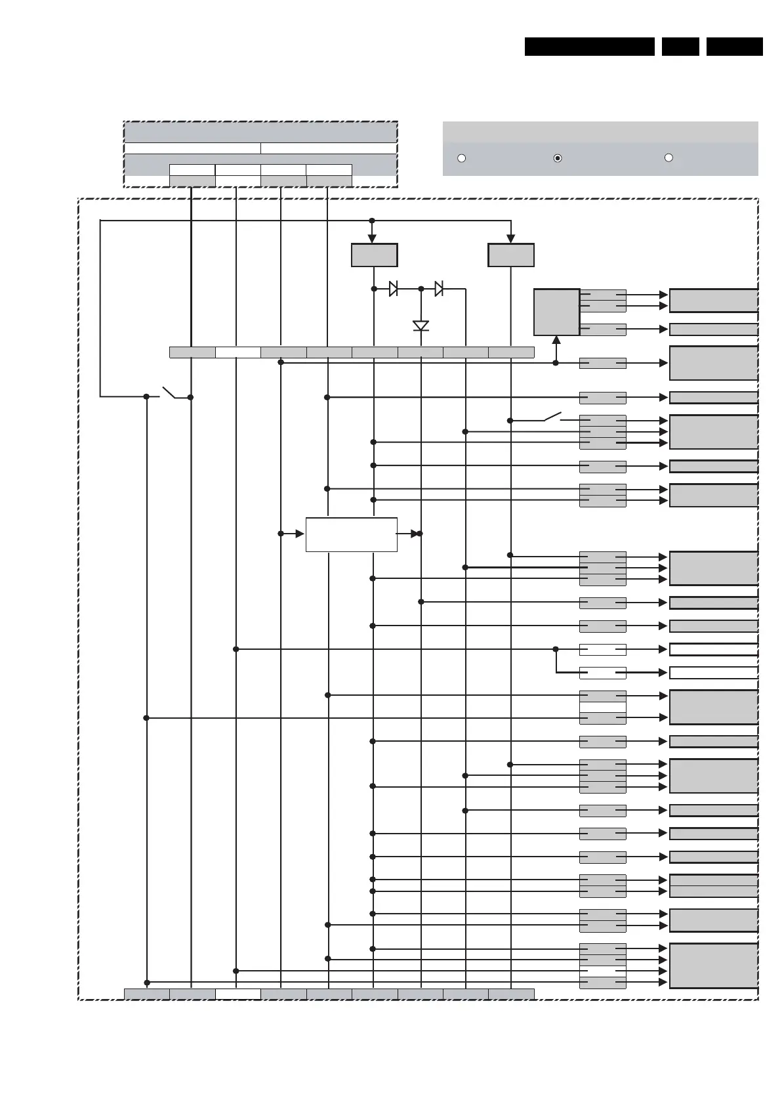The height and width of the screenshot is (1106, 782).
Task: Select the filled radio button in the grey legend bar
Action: click(x=558, y=158)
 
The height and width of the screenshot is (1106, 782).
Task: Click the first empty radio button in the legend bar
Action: click(x=461, y=158)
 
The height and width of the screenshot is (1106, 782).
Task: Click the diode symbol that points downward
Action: click(x=421, y=326)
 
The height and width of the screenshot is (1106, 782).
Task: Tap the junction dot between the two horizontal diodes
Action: click(x=421, y=289)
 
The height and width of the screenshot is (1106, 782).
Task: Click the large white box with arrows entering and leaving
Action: click(x=351, y=534)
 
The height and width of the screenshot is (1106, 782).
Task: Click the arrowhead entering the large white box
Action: click(x=300, y=534)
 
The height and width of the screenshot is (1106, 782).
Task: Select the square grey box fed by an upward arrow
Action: click(x=556, y=312)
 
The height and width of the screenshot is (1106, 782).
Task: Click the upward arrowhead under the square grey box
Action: click(x=556, y=340)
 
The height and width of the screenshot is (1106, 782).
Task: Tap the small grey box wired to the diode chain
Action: click(x=374, y=255)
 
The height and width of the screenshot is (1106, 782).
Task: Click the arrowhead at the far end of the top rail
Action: click(x=511, y=239)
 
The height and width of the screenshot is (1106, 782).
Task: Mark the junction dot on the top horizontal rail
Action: click(x=372, y=221)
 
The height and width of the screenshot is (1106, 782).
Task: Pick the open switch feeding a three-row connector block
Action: click(x=552, y=416)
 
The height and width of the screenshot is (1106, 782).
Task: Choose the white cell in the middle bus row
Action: click(x=237, y=352)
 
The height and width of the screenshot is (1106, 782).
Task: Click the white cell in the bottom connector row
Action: click(x=237, y=994)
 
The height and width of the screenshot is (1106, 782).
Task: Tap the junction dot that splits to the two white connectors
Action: click(x=556, y=649)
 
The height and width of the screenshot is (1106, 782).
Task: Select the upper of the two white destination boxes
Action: click(x=713, y=649)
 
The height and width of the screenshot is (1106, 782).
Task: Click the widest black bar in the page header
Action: click(x=589, y=47)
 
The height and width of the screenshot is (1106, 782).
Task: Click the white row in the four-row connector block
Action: click(x=602, y=971)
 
